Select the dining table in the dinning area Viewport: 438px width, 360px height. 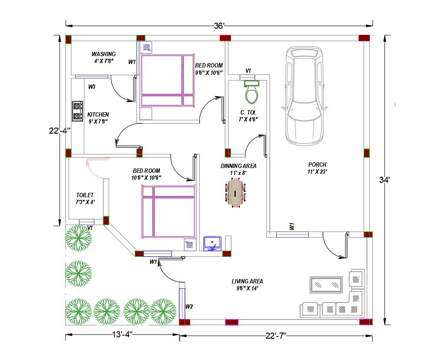(235, 192)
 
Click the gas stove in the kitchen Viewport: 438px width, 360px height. (77, 111)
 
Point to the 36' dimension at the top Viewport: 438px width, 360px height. (219, 26)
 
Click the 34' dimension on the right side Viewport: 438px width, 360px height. (384, 180)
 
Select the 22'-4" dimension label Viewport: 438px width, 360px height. (59, 130)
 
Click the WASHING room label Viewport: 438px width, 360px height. (104, 54)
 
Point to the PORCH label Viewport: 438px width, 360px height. (317, 165)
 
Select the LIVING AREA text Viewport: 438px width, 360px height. (247, 281)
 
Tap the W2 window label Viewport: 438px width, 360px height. (189, 306)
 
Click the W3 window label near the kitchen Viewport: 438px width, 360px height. (92, 87)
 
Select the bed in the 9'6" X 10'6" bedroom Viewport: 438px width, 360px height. (167, 81)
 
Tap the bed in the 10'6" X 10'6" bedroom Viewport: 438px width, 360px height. (168, 211)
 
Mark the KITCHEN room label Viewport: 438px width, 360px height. (98, 114)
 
